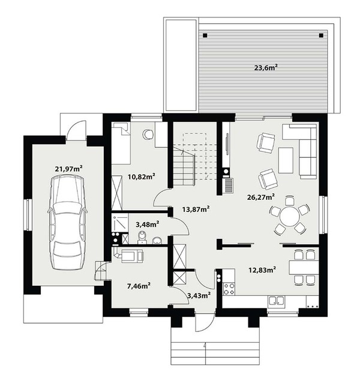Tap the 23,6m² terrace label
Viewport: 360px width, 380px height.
click(266, 68)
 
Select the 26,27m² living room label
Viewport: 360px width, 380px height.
click(260, 197)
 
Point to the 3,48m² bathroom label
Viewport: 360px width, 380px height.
click(147, 225)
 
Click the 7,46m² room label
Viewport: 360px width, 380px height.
click(139, 286)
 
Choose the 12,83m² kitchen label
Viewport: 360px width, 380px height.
click(262, 270)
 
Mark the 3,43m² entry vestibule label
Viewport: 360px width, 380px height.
click(199, 295)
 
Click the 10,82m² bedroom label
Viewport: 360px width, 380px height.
click(142, 176)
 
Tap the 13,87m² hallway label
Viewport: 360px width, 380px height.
click(196, 209)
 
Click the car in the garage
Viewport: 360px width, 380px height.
click(67, 223)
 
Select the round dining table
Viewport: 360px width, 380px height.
click(290, 216)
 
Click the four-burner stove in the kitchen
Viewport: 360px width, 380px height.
click(229, 289)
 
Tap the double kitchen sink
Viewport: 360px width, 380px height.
click(276, 301)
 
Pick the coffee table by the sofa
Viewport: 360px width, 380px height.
click(286, 160)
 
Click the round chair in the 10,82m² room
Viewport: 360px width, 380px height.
click(148, 134)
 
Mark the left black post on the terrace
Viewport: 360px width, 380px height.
click(205, 35)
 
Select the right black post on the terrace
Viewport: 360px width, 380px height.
click(321, 35)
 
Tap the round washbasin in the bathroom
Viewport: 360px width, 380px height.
click(157, 240)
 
